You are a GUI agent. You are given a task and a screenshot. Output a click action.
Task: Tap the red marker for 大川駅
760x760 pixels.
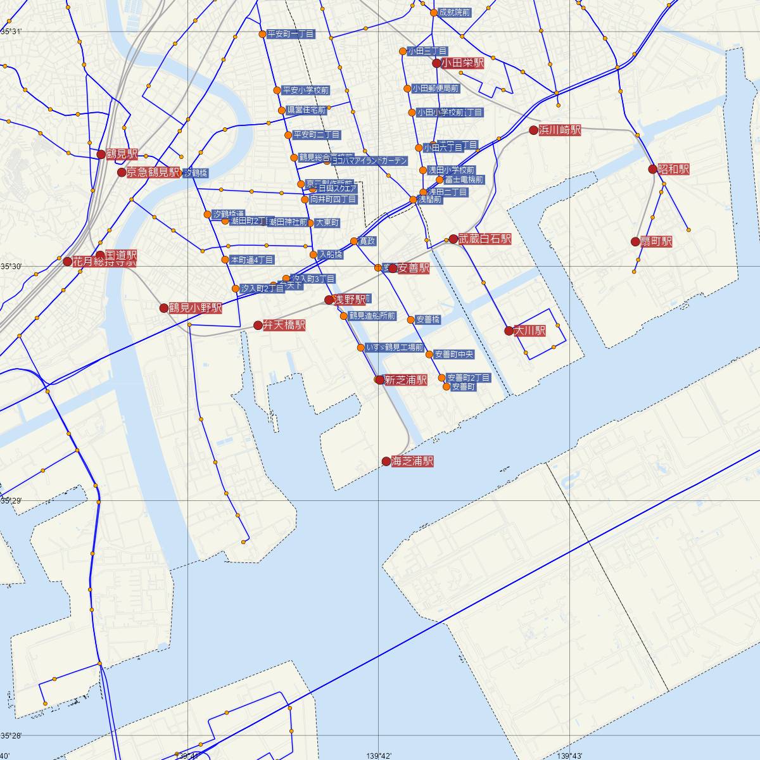point(509,331)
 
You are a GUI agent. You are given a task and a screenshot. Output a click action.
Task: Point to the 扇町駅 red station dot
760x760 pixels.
point(635,241)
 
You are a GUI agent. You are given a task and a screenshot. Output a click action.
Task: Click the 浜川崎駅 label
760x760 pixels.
point(560,130)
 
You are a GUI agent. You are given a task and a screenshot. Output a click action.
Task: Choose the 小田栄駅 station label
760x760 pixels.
point(462,63)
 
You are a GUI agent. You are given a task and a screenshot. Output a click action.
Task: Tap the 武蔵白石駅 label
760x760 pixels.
point(485,239)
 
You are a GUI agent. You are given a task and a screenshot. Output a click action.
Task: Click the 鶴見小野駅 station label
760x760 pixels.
point(195,308)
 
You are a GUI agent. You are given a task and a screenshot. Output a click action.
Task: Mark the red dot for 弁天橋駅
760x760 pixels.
point(258,326)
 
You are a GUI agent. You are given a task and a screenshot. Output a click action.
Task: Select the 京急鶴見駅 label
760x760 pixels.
point(153,172)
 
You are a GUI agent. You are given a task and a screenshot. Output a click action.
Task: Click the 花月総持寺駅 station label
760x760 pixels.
point(104,261)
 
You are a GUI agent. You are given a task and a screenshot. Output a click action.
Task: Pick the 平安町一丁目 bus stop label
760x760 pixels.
point(291,34)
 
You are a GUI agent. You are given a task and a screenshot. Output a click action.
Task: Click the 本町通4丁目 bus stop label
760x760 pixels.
point(252,260)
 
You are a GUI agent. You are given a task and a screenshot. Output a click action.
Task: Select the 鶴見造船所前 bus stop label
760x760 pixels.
point(372,316)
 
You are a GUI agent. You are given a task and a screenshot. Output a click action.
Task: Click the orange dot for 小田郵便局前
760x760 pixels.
point(407,89)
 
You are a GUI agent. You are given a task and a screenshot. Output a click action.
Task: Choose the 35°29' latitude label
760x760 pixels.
point(11,501)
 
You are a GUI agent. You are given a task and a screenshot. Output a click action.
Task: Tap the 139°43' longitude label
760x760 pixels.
point(569,755)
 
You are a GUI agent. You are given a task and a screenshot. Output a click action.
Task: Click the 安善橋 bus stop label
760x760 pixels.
point(428,320)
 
